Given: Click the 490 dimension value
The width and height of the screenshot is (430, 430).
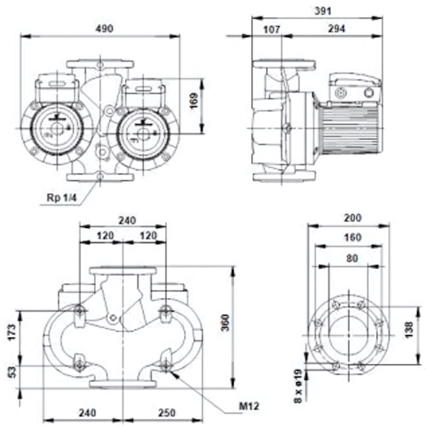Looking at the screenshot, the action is point(104,28).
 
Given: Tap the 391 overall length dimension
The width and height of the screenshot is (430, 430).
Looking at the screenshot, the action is point(323,11).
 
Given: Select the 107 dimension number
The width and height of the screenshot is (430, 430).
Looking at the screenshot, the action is point(272,29).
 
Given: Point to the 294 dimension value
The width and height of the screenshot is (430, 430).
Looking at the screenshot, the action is point(337,28).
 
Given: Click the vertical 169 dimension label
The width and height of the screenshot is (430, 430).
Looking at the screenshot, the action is point(194,101).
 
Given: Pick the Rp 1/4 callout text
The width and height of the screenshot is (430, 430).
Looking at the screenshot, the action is point(62,197).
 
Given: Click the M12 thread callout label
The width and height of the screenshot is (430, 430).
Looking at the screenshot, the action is point(249,406).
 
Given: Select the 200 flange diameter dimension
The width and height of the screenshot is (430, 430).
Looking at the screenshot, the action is point(353,217).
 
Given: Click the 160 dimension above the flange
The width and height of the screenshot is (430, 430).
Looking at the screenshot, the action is point(353,237).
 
